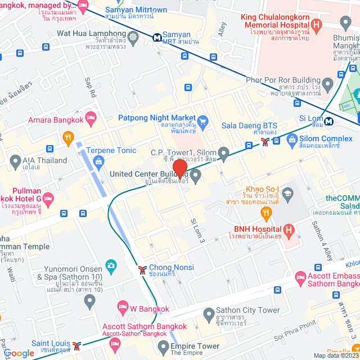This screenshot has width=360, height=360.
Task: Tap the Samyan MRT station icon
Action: (x=157, y=38)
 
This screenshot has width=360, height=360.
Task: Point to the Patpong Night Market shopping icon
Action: (x=204, y=120)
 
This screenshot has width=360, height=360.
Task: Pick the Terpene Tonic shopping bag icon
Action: (x=99, y=162)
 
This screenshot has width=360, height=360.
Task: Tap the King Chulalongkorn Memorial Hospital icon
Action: (x=316, y=24)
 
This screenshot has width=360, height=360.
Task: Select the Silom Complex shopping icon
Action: (x=291, y=138)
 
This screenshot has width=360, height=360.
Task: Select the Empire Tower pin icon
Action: (x=163, y=345)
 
